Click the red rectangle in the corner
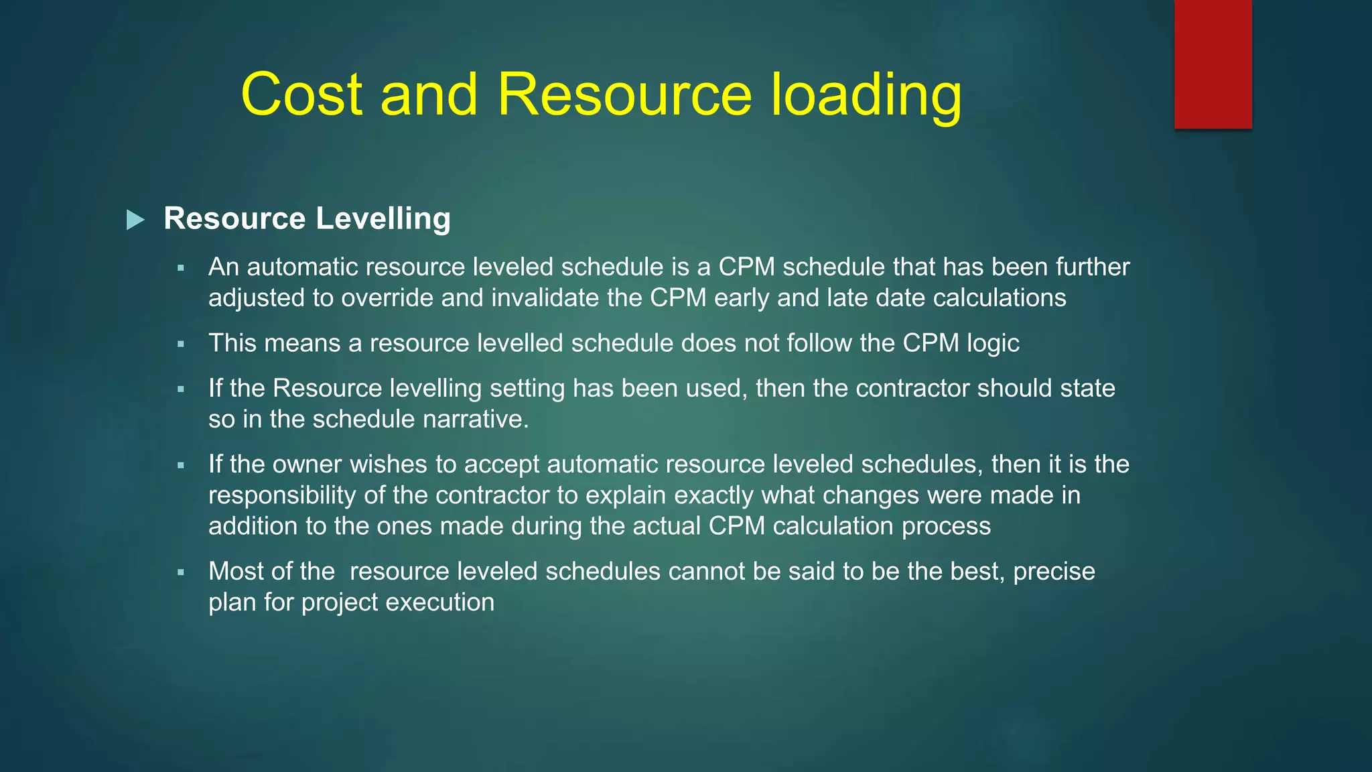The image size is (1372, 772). [1213, 64]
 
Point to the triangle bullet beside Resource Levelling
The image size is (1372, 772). [135, 220]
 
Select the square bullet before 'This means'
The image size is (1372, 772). [181, 344]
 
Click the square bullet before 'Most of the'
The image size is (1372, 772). [181, 572]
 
